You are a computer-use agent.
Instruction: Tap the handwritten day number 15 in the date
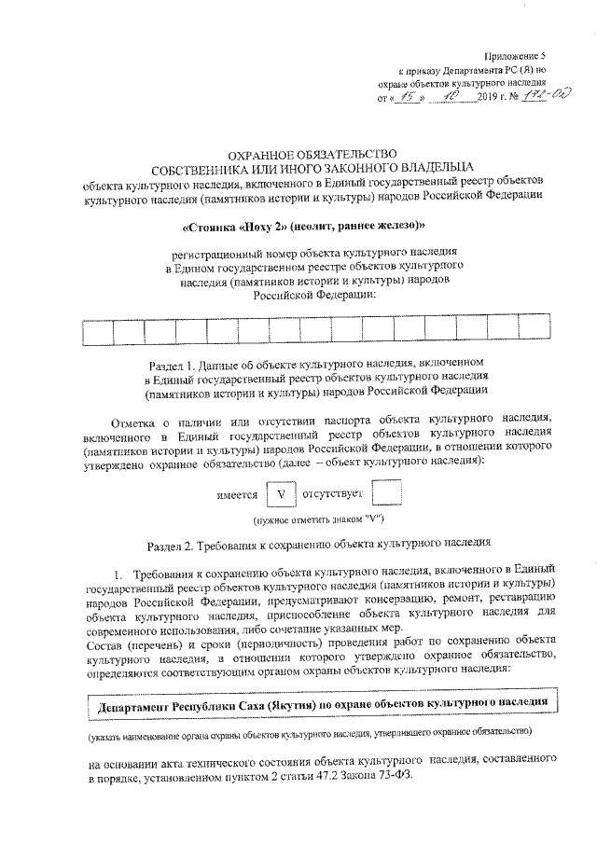[x=408, y=97]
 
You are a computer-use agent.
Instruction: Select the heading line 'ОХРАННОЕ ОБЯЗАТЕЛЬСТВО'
[x=312, y=153]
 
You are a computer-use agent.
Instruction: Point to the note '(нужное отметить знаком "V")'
[x=313, y=519]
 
